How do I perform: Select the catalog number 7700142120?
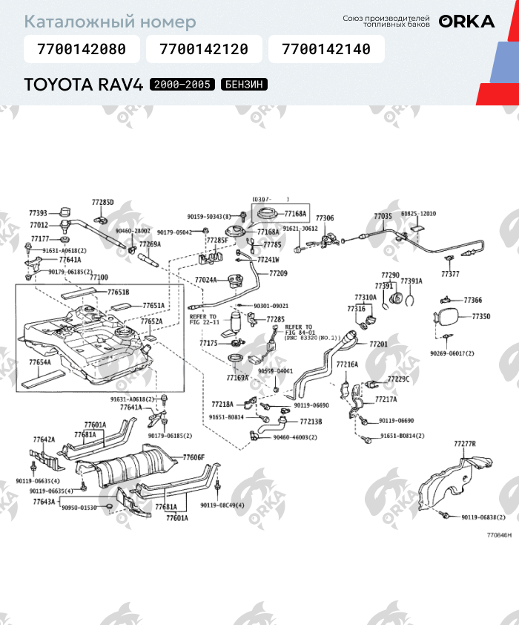(204, 50)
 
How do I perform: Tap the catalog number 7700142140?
(326, 50)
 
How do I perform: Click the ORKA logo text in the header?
(466, 22)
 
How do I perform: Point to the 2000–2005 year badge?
(182, 85)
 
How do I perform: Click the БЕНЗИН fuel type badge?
(243, 85)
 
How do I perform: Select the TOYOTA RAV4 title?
(83, 85)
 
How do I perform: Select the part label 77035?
(383, 216)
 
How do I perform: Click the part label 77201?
(378, 344)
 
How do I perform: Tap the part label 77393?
(39, 213)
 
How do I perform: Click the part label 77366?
(473, 300)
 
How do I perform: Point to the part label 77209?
(278, 274)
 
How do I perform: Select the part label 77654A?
(40, 362)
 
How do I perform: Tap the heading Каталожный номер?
(110, 22)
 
